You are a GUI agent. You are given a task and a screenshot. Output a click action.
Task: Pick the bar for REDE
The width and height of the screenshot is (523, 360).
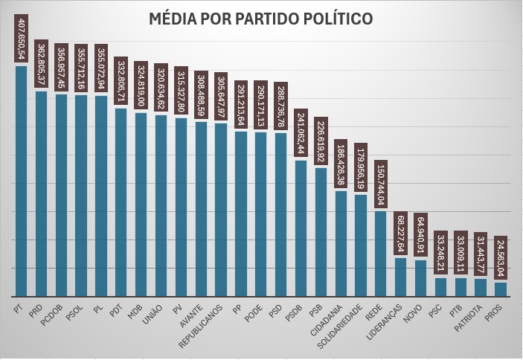(380, 254)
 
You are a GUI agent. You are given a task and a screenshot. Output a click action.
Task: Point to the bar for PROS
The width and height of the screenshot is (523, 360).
(501, 289)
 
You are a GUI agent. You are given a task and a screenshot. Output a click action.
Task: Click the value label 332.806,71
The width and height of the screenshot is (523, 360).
(121, 82)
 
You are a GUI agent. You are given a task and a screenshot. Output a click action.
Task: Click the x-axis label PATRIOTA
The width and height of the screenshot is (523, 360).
(472, 317)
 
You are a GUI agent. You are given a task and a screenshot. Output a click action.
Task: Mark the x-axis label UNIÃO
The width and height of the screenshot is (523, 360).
(154, 312)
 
